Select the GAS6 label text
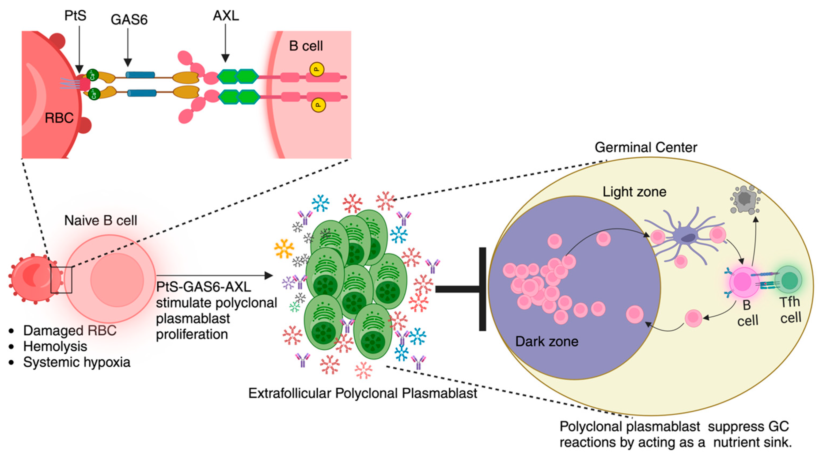pos(129,20)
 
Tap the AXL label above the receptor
pos(226,15)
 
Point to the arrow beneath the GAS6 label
pos(128,48)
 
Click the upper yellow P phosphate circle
pos(317,69)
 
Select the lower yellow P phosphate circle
pos(318,105)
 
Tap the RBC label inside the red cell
pos(59,118)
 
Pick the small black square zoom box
pos(61,280)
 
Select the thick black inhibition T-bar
pos(471,289)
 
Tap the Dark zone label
pos(547,342)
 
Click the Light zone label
pos(634,192)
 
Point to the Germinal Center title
pos(646,147)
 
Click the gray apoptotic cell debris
pos(745,200)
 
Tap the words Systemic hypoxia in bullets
pos(77,362)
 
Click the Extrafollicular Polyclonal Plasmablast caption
pos(362,393)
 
